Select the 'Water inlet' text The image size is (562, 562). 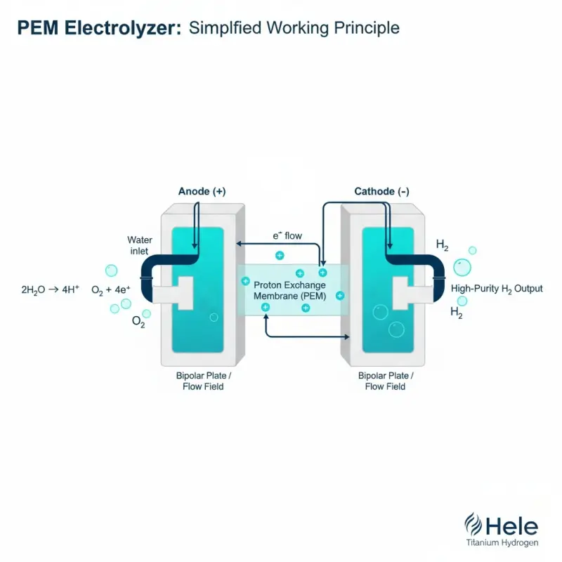[140, 247]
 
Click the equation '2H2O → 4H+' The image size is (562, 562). [51, 289]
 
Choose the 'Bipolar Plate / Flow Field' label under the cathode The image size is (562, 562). [382, 381]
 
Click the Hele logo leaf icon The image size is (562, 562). [470, 525]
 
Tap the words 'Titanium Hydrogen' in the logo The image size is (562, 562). [502, 543]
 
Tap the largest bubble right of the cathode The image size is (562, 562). [462, 266]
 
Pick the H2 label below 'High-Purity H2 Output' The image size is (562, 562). [456, 314]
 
